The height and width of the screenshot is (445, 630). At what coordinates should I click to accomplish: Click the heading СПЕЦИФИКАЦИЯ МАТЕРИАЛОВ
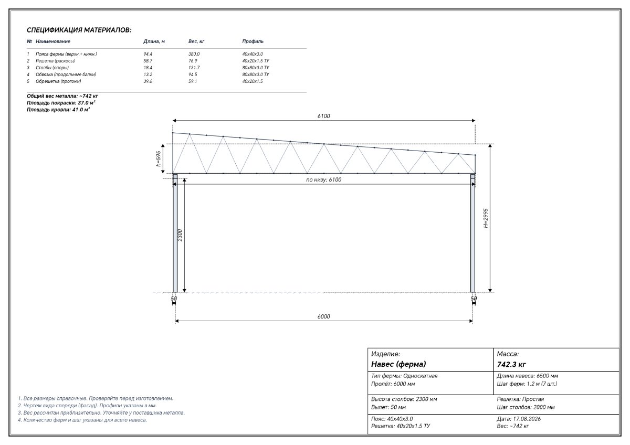(79, 30)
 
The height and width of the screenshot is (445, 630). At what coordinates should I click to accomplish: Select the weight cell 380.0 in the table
(194, 54)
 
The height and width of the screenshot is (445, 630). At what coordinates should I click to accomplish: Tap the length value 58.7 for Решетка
(148, 61)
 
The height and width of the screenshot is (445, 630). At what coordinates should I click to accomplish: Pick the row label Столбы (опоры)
(52, 68)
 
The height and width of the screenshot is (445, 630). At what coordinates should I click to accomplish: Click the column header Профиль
(253, 41)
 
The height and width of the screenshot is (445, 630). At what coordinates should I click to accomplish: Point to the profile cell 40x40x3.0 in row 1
(253, 54)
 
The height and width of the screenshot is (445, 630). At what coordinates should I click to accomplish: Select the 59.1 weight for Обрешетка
(193, 81)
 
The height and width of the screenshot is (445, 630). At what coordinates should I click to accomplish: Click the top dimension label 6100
(324, 116)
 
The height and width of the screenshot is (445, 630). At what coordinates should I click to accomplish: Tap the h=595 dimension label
(159, 159)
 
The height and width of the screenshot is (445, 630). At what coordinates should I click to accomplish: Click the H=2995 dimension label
(486, 218)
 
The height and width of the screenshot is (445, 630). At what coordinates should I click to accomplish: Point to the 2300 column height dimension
(180, 235)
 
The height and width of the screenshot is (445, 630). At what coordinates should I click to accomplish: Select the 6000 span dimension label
(324, 316)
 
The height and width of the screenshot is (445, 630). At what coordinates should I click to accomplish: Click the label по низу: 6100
(324, 179)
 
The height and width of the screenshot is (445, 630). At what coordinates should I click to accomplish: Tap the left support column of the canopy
(175, 234)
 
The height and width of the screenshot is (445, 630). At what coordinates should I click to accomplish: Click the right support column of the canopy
(473, 234)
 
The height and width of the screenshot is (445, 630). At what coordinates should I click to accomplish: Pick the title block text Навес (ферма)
(398, 364)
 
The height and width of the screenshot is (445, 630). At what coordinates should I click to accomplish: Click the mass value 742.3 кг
(511, 365)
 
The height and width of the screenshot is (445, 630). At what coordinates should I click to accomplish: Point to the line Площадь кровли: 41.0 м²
(58, 110)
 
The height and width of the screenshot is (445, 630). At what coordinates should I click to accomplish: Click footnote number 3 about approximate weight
(101, 412)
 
